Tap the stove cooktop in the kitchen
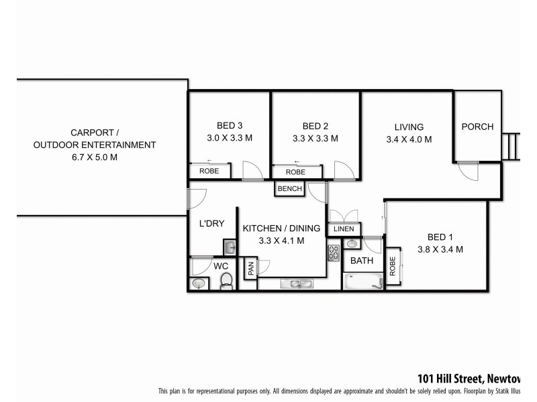[334, 253]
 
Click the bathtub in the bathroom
[362, 281]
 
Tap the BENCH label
[289, 189]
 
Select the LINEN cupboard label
[344, 229]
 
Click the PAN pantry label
[249, 268]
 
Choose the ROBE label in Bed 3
[209, 172]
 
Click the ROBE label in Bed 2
[295, 172]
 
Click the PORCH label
[477, 127]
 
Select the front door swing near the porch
[469, 171]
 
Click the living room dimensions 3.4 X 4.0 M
[408, 140]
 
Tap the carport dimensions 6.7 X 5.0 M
[94, 157]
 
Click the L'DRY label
[211, 223]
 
